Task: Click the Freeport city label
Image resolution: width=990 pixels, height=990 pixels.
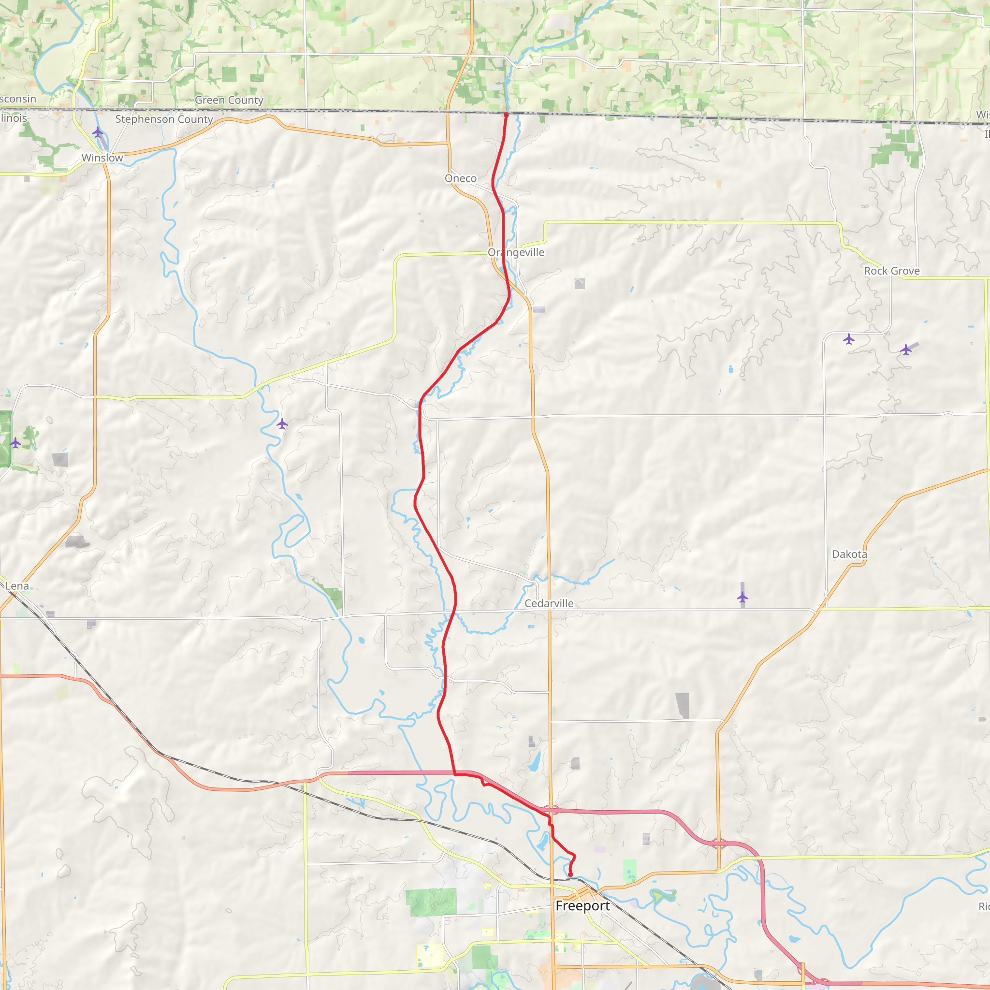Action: click(x=582, y=906)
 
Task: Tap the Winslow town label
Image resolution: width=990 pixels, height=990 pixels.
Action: click(x=102, y=158)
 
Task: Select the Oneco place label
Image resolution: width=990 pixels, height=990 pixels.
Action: click(x=460, y=178)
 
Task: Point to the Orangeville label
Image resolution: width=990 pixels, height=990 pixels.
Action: click(x=515, y=252)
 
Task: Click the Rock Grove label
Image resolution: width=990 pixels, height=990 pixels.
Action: click(x=891, y=271)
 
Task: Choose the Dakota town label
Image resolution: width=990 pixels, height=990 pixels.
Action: click(x=849, y=554)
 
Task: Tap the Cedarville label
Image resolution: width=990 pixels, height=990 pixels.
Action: click(x=549, y=603)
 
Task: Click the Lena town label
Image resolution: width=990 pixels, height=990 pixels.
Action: click(x=17, y=586)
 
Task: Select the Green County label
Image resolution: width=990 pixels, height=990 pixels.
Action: click(x=229, y=100)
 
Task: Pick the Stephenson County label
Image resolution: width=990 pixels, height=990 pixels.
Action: click(x=164, y=119)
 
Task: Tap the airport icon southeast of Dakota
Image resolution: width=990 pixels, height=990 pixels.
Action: click(x=742, y=597)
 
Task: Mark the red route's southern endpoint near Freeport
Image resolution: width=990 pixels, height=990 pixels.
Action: click(x=570, y=874)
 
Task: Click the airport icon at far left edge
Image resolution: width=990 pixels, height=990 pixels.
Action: click(x=15, y=443)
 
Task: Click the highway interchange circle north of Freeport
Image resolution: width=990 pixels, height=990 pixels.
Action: click(x=550, y=810)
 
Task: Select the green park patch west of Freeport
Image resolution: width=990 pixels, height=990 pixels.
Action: click(x=432, y=903)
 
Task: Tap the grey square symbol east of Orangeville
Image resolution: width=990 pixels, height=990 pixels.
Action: click(x=580, y=283)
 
